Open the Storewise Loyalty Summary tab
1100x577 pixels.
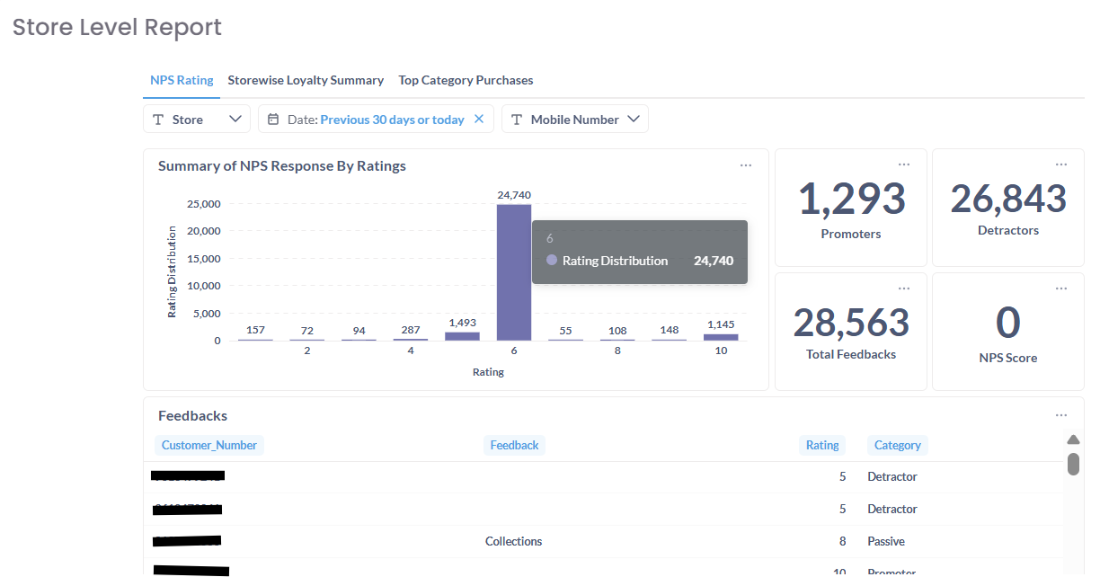306,80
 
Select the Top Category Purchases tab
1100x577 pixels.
466,80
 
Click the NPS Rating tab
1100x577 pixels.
182,80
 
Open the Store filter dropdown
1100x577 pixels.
197,120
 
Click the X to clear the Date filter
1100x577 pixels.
479,119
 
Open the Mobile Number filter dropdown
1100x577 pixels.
575,120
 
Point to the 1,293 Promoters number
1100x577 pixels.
851,199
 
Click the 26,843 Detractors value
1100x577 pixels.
1008,199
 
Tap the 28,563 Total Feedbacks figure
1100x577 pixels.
851,323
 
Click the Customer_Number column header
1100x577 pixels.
209,445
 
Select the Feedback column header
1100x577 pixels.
514,445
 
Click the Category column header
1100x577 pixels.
897,445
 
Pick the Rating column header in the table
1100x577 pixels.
821,445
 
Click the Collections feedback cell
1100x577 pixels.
513,541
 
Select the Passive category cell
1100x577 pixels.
886,541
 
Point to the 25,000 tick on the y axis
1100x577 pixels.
203,204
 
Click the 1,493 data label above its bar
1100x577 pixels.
462,323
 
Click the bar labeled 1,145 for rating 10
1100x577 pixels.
721,337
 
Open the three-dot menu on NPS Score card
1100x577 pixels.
1061,288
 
